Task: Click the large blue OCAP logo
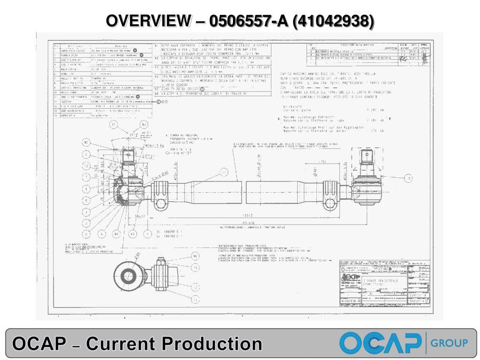(380, 343)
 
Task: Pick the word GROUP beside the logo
(449, 343)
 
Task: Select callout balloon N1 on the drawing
(113, 125)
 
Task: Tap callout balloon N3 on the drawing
(144, 125)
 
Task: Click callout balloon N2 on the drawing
(86, 142)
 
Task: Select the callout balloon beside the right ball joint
(409, 178)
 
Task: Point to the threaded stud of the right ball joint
(370, 155)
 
